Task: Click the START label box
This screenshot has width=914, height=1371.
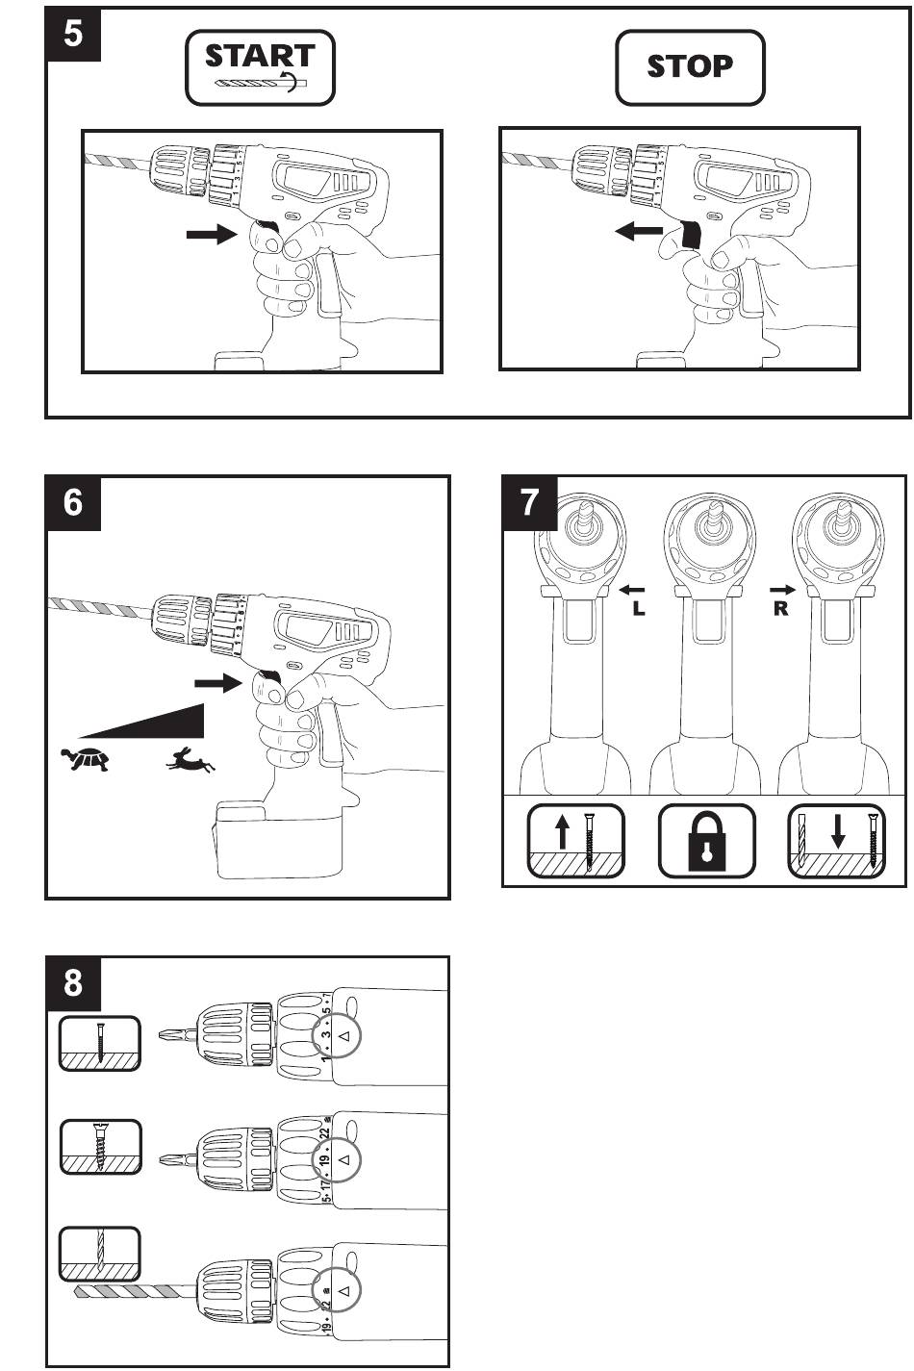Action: click(260, 67)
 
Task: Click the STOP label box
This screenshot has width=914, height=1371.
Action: click(690, 67)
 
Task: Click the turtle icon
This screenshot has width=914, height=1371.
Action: click(85, 760)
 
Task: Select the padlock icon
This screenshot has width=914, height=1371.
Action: click(706, 842)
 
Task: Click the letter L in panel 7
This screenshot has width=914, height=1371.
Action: click(639, 609)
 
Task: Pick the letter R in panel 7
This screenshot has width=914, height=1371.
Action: click(780, 609)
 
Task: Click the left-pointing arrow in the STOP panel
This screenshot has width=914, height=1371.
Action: click(639, 232)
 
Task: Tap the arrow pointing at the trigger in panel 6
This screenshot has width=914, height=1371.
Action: click(218, 683)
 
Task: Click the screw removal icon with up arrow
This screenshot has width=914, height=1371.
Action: click(575, 842)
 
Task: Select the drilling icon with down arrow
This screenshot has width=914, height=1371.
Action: click(836, 842)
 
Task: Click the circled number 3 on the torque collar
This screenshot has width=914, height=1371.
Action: click(327, 1035)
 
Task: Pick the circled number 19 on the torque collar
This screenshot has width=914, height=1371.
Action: click(327, 1160)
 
